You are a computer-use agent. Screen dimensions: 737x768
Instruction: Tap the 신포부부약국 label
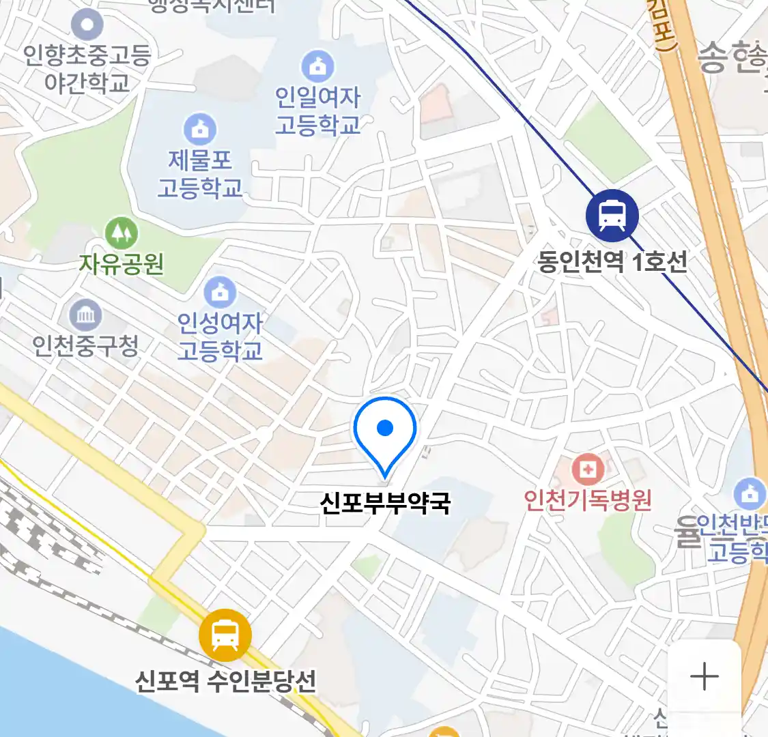point(385,503)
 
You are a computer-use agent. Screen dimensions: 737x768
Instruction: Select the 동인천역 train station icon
point(612,215)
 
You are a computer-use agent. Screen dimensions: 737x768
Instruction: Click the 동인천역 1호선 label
point(612,261)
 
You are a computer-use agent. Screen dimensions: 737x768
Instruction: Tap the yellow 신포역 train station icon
point(225,635)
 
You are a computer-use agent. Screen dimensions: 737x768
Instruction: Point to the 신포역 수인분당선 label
point(225,680)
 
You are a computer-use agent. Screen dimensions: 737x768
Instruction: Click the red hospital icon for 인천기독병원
point(587,469)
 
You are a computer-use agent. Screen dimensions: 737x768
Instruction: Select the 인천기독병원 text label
point(587,500)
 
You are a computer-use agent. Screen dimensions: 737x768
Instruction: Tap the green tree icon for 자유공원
point(122,234)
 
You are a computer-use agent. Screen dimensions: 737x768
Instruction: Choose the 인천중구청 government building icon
point(86,315)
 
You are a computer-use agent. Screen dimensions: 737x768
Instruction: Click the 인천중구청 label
point(86,346)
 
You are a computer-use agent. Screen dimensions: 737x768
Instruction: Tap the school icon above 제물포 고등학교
point(199,128)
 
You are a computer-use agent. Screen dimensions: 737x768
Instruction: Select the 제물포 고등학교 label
point(199,174)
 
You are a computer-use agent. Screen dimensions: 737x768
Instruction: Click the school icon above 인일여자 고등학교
point(317,66)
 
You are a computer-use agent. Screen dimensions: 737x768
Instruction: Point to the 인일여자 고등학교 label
point(317,111)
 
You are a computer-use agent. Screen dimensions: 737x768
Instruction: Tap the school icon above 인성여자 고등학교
point(219,292)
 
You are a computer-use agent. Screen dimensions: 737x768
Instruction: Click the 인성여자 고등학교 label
point(219,336)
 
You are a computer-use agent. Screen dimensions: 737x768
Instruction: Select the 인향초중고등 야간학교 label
point(87,68)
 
